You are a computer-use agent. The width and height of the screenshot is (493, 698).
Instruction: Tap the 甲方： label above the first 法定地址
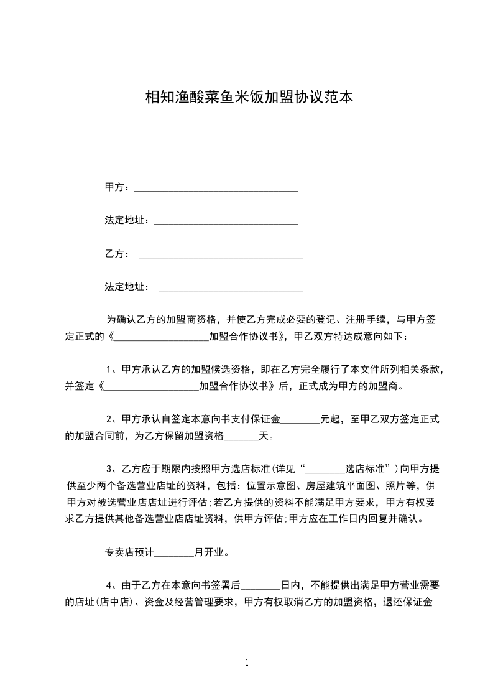click(x=117, y=187)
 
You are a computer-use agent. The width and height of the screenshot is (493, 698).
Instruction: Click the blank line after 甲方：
click(x=216, y=188)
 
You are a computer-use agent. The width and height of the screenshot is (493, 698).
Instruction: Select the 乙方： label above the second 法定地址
click(x=117, y=254)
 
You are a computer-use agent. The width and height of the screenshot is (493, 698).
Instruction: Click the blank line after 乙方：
click(x=221, y=256)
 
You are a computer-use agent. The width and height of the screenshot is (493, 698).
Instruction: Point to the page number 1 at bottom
click(x=247, y=663)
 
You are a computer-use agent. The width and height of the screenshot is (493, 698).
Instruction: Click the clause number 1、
click(x=114, y=369)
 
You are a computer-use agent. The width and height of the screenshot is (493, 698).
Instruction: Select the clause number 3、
click(x=114, y=469)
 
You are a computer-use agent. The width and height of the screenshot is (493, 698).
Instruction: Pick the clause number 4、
click(x=114, y=585)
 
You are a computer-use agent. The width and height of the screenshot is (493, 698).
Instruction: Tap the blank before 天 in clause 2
click(x=241, y=437)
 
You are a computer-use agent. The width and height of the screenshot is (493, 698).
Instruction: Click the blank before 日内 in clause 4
click(x=260, y=587)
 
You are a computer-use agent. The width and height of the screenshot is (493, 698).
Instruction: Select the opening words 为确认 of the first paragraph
click(x=121, y=320)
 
